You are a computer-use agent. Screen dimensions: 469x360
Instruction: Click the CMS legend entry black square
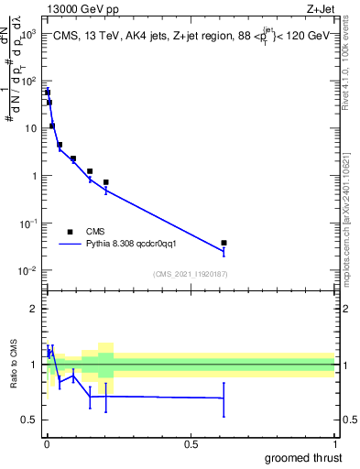pyautogui.click(x=70, y=232)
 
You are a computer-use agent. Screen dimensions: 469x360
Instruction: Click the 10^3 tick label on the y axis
pyautogui.click(x=26, y=33)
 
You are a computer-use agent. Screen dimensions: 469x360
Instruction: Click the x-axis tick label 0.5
pyautogui.click(x=191, y=445)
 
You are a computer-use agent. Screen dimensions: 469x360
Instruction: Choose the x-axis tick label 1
pyautogui.click(x=334, y=445)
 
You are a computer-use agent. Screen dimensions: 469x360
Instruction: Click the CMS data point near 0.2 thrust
pyautogui.click(x=106, y=182)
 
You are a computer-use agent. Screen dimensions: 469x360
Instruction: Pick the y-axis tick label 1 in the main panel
pyautogui.click(x=33, y=176)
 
